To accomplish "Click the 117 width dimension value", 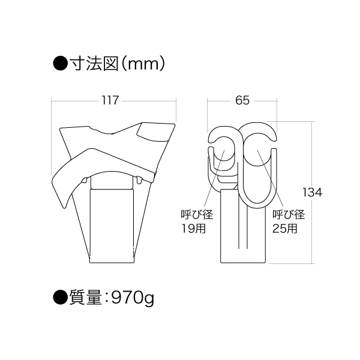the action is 110,101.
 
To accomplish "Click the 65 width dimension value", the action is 242,101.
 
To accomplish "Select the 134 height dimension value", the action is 312,193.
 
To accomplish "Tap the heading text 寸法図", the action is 94,64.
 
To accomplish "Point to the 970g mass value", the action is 132,298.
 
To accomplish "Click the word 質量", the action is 85,298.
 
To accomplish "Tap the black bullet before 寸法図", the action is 61,64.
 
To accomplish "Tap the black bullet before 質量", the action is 61,298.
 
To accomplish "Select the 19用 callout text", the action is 194,229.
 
